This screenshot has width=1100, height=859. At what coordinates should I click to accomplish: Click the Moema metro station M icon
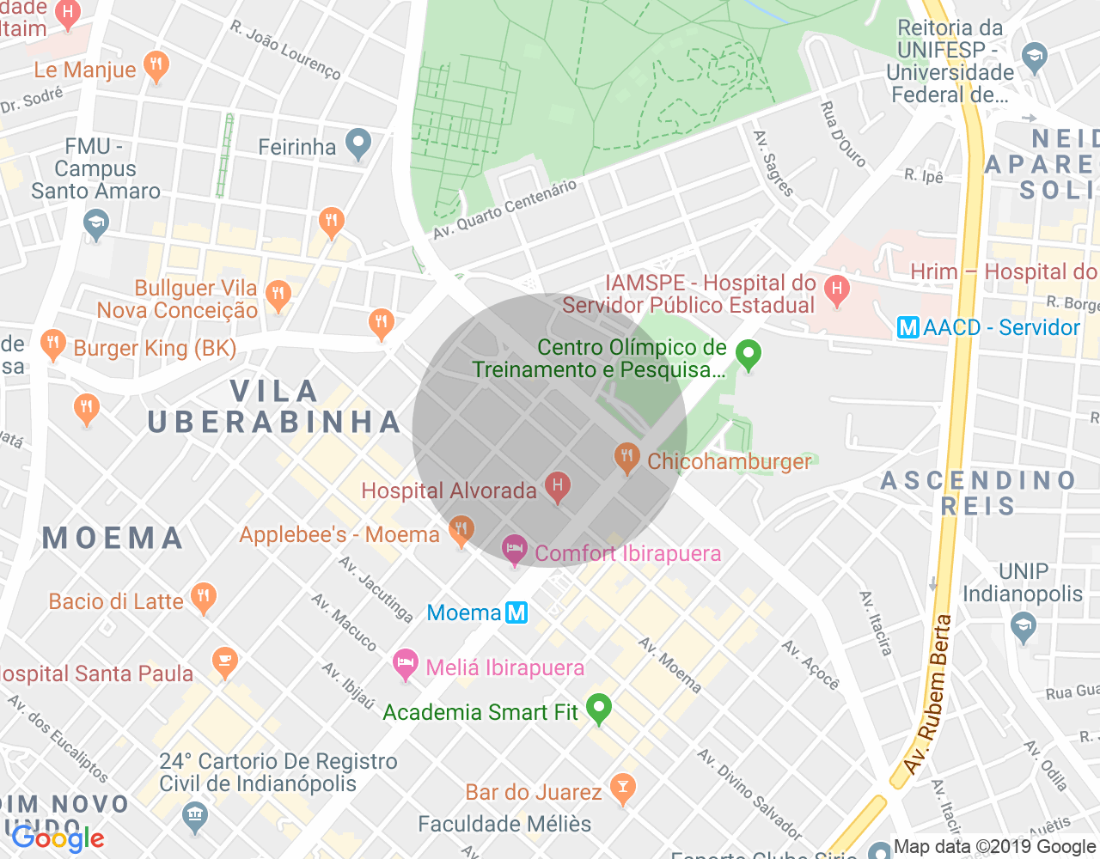click(516, 612)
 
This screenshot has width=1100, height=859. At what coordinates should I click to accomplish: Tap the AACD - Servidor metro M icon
click(907, 327)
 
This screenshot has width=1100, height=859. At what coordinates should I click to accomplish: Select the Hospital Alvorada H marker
click(557, 487)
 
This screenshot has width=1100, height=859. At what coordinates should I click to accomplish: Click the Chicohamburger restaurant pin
click(627, 458)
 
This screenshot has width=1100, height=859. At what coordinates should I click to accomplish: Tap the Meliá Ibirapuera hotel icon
click(405, 664)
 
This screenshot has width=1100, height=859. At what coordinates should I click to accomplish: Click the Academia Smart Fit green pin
click(599, 709)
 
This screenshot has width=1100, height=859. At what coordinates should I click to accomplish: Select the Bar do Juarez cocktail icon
click(622, 788)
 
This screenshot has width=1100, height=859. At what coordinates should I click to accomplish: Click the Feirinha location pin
click(357, 143)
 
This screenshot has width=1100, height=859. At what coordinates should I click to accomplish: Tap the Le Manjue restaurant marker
click(156, 66)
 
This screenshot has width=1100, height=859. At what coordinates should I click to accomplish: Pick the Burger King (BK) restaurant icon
click(53, 344)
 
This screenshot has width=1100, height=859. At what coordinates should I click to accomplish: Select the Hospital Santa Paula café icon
click(224, 662)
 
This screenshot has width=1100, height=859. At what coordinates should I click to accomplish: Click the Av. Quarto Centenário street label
click(504, 209)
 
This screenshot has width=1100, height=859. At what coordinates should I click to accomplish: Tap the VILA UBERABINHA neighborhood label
click(274, 406)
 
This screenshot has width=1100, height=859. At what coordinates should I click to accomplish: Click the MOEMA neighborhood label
click(113, 538)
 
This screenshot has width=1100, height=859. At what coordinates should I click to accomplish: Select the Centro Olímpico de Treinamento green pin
click(749, 354)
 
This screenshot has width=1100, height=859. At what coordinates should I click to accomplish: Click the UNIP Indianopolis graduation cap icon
click(1023, 626)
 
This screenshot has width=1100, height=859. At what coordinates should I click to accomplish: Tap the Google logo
click(58, 838)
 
